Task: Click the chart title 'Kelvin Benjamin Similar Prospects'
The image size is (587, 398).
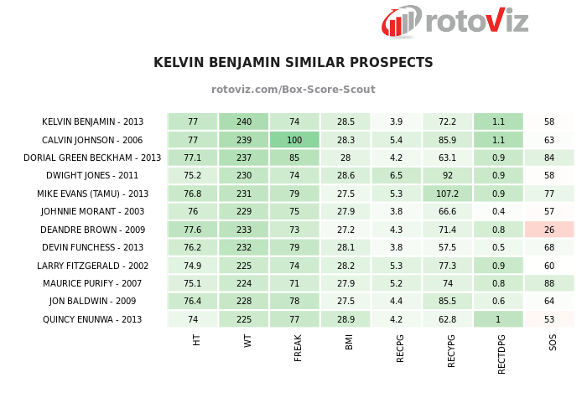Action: click(293, 63)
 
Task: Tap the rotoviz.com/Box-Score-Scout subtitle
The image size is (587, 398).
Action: click(293, 90)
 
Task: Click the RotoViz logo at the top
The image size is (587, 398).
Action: click(455, 21)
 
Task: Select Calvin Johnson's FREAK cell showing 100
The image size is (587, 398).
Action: click(294, 140)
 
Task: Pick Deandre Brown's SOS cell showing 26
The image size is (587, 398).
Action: click(549, 230)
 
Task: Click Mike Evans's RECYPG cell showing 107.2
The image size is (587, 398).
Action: click(447, 194)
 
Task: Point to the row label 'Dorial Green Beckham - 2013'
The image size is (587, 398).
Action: click(92, 158)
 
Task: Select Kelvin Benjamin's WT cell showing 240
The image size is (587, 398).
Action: click(244, 121)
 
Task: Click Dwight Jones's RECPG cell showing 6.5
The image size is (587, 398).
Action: click(397, 176)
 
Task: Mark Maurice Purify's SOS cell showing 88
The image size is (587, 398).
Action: click(549, 283)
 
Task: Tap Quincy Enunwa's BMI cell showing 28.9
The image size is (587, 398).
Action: click(345, 319)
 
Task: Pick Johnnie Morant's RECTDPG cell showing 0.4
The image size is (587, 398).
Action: click(498, 212)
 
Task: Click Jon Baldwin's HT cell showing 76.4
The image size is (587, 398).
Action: click(193, 302)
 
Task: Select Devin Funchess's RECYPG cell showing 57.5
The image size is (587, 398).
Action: click(447, 248)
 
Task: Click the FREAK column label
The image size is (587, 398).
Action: click(298, 347)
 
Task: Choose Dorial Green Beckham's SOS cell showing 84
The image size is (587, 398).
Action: click(549, 158)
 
